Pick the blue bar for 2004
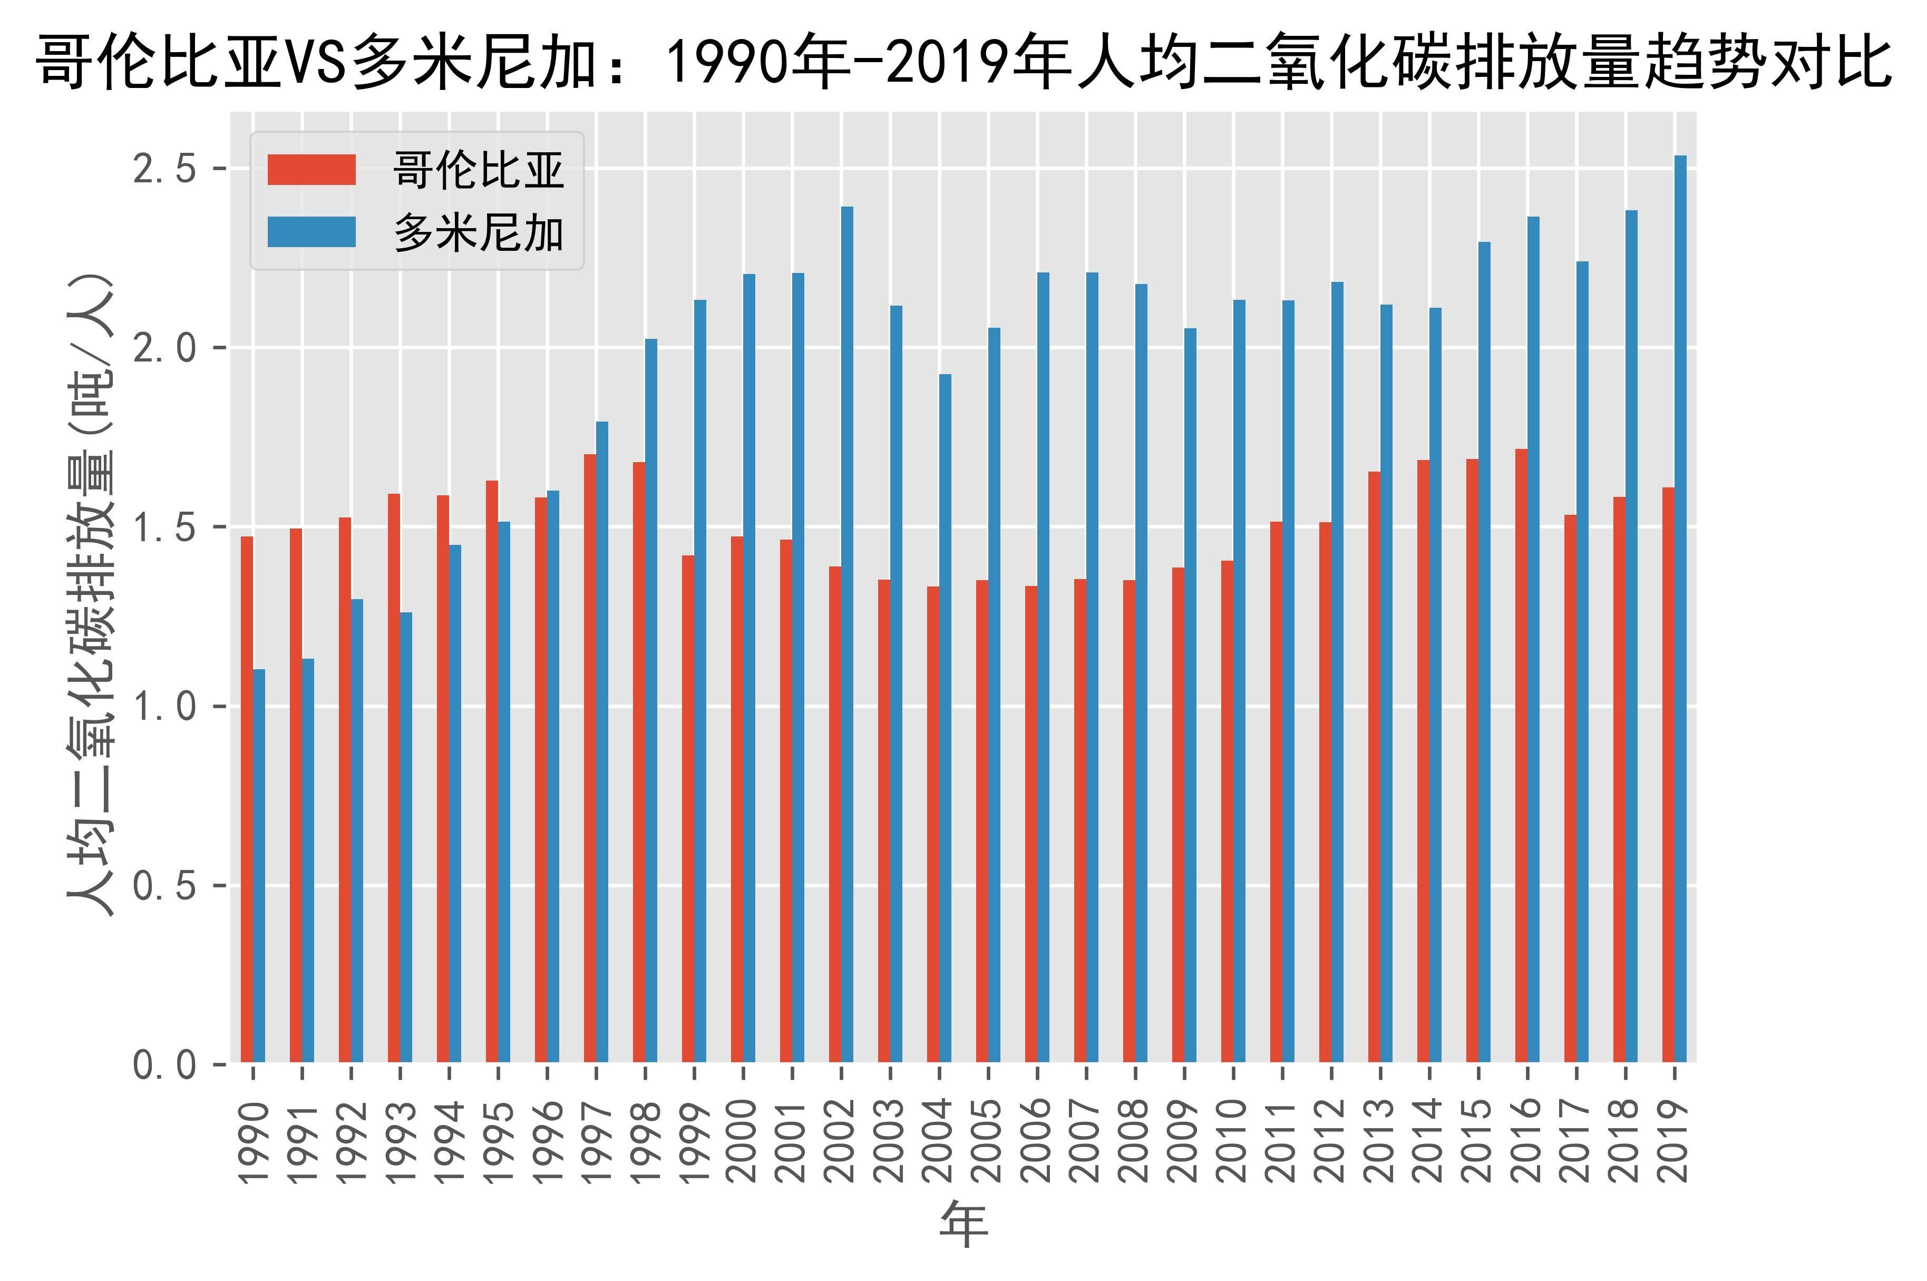pyautogui.click(x=946, y=718)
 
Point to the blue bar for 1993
pyautogui.click(x=406, y=837)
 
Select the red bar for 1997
pyautogui.click(x=590, y=758)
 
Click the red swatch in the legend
pyautogui.click(x=312, y=170)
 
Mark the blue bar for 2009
pyautogui.click(x=1191, y=695)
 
